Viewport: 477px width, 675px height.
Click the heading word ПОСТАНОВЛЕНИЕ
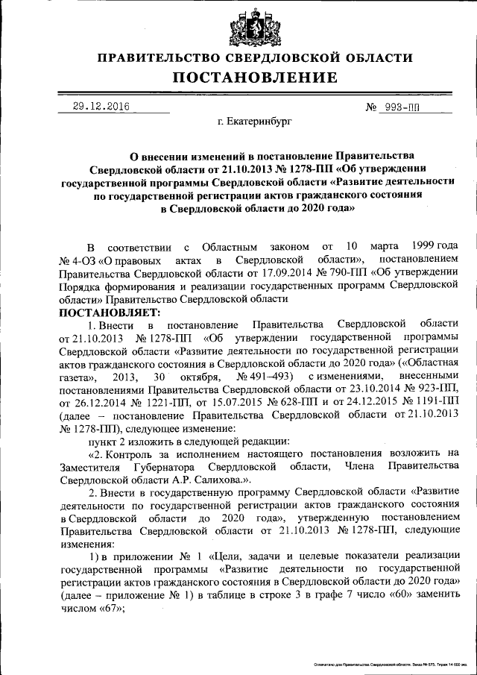tap(256, 78)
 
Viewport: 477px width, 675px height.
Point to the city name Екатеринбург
tap(256, 119)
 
